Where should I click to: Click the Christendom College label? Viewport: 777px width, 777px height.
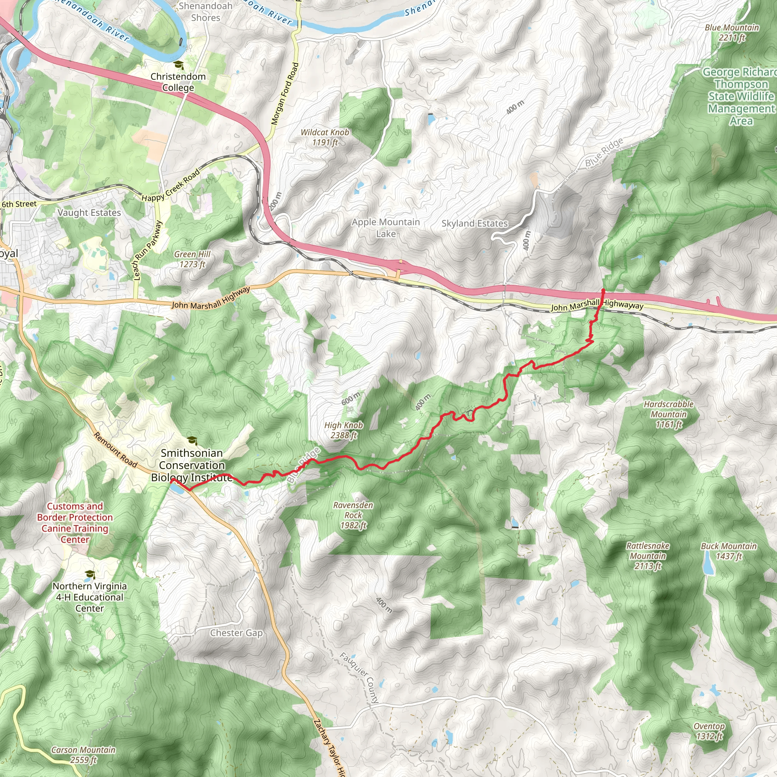178,82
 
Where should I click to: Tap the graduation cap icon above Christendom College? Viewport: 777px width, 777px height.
178,65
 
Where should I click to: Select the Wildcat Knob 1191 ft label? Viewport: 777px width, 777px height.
325,137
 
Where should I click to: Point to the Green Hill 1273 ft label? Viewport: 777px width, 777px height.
192,259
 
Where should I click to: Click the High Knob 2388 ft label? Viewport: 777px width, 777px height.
343,430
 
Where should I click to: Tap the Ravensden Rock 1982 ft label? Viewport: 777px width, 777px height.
353,515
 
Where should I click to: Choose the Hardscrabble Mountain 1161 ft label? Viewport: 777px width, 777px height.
668,414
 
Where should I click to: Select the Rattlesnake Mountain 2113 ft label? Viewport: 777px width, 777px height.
648,556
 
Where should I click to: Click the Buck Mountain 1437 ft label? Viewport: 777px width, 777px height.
729,551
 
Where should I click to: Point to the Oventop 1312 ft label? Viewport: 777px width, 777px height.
709,731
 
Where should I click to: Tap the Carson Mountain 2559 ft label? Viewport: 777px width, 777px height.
83,755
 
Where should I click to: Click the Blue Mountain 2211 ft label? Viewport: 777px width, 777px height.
732,33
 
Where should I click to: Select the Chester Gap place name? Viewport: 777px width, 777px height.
236,632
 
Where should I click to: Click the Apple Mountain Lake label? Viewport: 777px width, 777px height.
386,228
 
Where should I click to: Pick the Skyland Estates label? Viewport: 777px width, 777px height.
475,223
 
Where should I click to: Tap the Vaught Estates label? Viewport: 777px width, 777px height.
89,212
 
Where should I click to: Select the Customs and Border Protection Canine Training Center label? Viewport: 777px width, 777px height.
75,523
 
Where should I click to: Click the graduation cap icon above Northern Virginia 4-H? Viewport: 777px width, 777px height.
90,574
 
